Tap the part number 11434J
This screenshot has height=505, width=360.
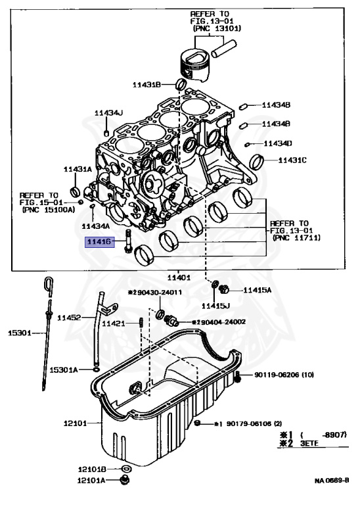tap(108, 113)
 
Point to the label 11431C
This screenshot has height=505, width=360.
tap(292, 160)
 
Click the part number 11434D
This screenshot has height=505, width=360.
tap(278, 143)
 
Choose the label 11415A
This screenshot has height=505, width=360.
tap(257, 290)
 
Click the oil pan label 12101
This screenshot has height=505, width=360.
tap(77, 423)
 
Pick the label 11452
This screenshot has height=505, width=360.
tap(68, 318)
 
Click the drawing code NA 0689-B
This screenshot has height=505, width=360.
tap(331, 481)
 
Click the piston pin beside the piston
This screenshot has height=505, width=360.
tap(226, 45)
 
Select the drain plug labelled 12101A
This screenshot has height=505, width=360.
tap(124, 482)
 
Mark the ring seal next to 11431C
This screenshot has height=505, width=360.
tap(259, 160)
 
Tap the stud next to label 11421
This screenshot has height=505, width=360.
tap(141, 322)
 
